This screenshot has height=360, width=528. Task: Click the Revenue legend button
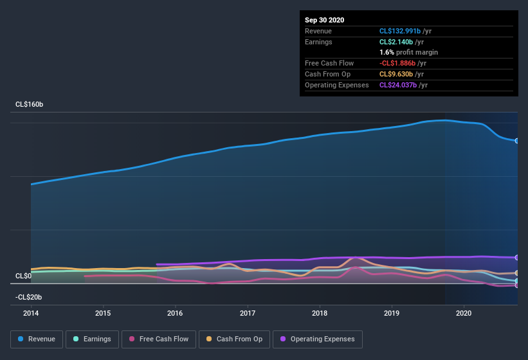pyautogui.click(x=37, y=339)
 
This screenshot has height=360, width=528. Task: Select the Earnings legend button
pyautogui.click(x=91, y=339)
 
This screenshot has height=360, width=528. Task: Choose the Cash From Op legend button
pyautogui.click(x=234, y=339)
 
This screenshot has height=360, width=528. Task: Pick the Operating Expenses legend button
pyautogui.click(x=318, y=339)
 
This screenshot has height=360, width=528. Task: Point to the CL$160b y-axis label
pyautogui.click(x=29, y=104)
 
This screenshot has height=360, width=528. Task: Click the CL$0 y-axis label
pyautogui.click(x=23, y=276)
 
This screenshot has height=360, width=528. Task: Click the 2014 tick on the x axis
pyautogui.click(x=31, y=314)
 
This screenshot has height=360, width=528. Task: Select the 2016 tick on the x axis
pyautogui.click(x=175, y=314)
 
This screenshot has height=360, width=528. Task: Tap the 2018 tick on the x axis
pyautogui.click(x=320, y=314)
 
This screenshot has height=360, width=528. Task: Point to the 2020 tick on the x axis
pyautogui.click(x=464, y=314)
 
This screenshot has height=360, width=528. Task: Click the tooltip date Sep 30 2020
pyautogui.click(x=325, y=20)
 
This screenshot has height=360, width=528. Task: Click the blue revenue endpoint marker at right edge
pyautogui.click(x=516, y=141)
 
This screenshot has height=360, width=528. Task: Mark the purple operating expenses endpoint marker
pyautogui.click(x=516, y=257)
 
